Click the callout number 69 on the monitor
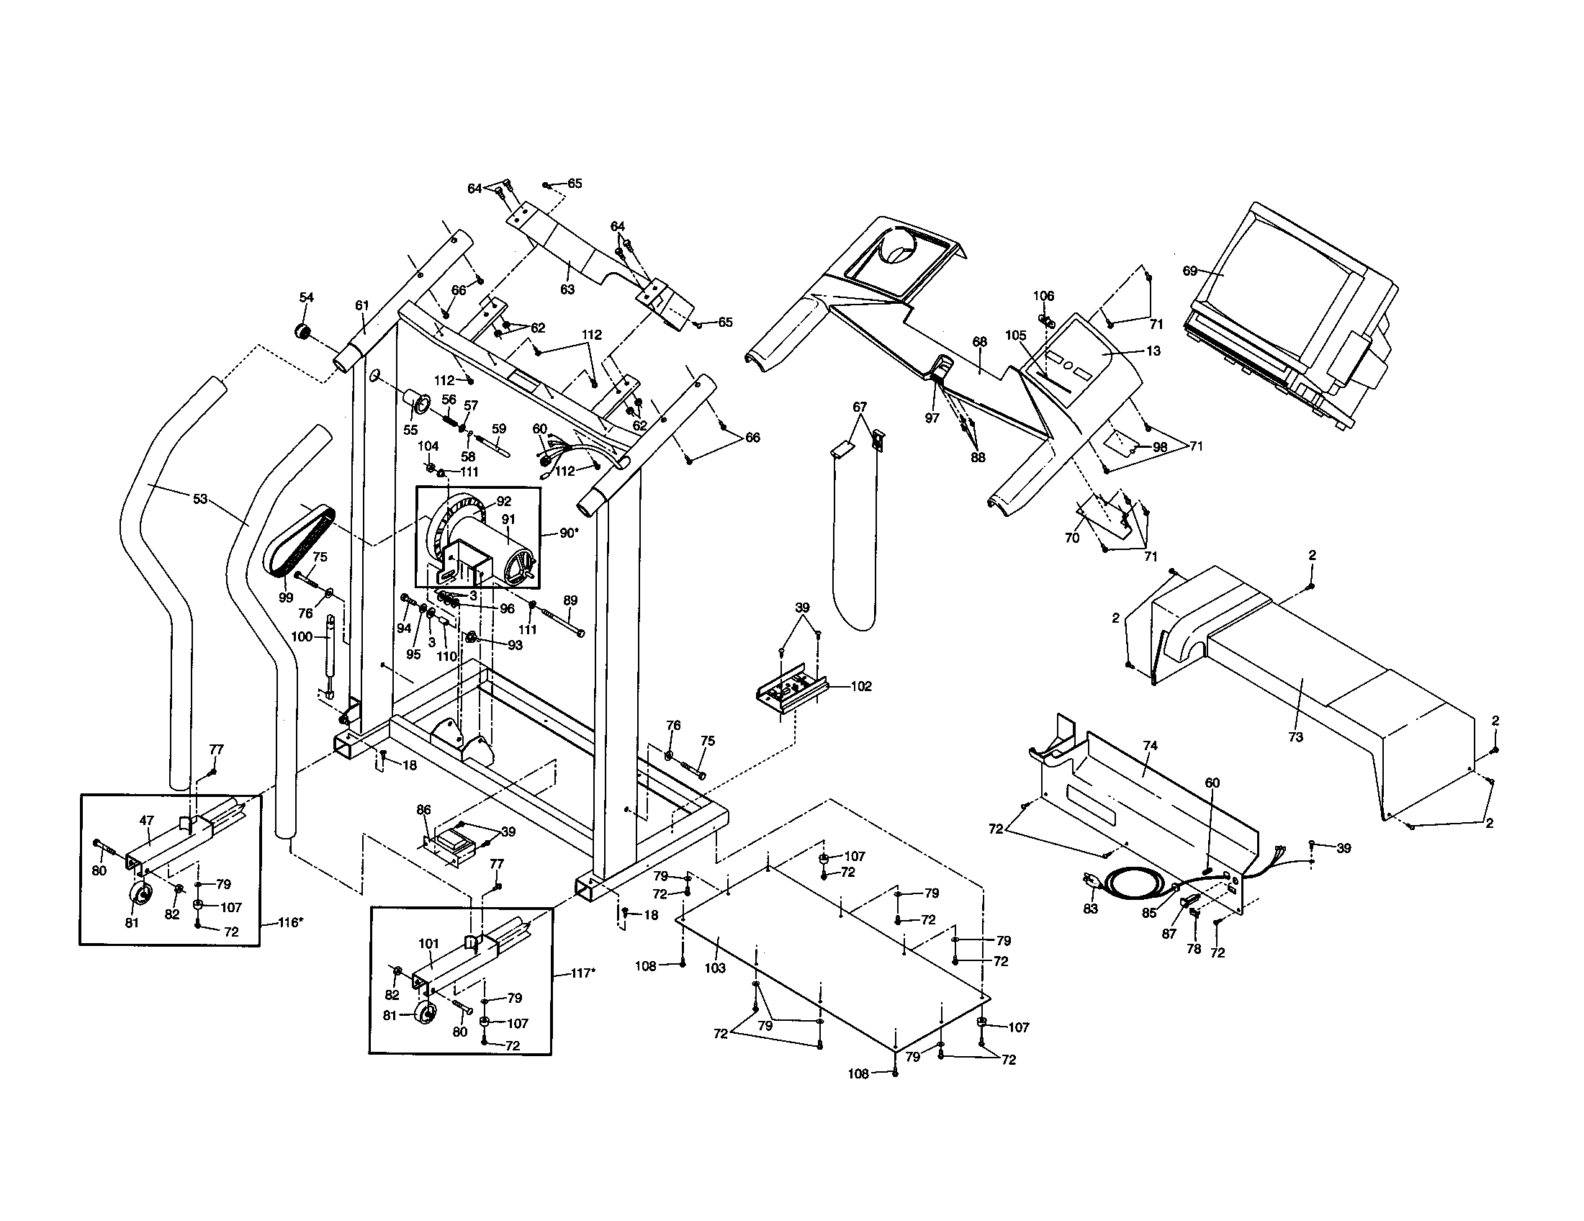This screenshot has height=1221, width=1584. click(x=1189, y=271)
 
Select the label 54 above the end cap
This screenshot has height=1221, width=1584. click(x=306, y=297)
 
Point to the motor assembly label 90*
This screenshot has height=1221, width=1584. click(x=570, y=533)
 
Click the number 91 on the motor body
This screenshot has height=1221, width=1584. click(x=508, y=519)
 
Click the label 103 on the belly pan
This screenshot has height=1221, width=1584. click(x=714, y=968)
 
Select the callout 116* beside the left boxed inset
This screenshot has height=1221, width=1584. click(x=290, y=922)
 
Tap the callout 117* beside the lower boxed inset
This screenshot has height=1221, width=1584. click(x=582, y=973)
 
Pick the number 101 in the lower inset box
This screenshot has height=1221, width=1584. click(x=428, y=943)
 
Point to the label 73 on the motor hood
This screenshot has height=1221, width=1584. click(x=1295, y=737)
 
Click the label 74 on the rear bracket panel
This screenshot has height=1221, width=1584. click(x=1150, y=745)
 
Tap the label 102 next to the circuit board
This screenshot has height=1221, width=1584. click(x=861, y=686)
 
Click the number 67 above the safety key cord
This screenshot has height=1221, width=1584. click(x=860, y=407)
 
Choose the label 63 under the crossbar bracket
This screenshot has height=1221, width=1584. click(x=567, y=289)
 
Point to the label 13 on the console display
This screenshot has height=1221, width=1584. click(x=1153, y=351)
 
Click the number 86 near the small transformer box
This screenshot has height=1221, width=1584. click(x=423, y=809)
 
